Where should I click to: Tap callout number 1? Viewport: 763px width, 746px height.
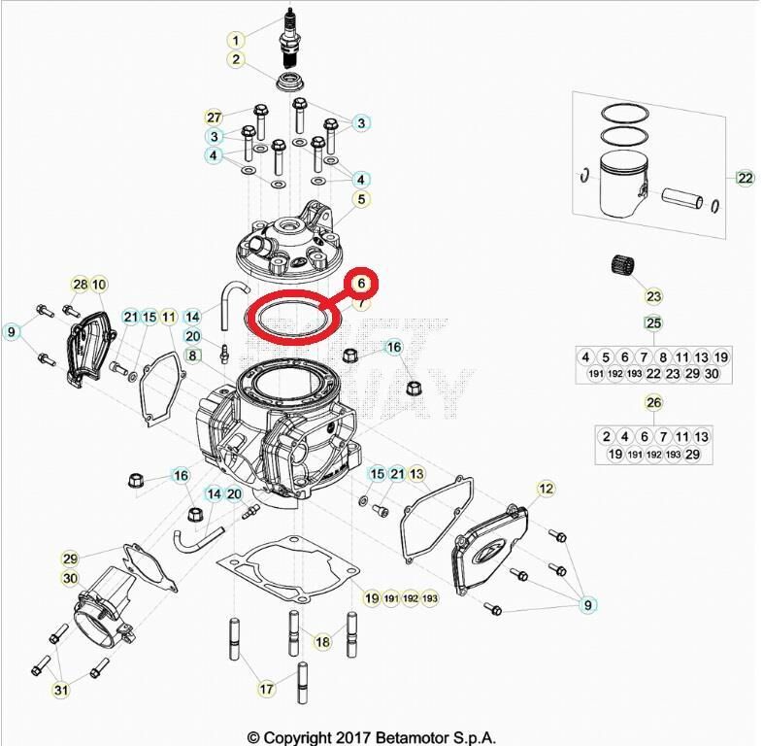[235, 40]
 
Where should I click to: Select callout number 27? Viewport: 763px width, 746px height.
[215, 118]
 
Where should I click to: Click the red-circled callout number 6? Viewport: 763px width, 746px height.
[360, 283]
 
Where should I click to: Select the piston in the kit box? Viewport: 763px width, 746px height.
[620, 185]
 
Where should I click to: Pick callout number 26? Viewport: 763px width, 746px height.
[653, 403]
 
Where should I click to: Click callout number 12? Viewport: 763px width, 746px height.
[546, 488]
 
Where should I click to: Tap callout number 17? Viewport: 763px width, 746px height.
[264, 689]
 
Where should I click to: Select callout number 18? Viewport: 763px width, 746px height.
[322, 642]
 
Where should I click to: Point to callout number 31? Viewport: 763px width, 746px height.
[61, 691]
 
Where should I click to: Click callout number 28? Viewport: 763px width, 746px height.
[81, 284]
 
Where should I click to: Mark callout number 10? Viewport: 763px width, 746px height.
[100, 284]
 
